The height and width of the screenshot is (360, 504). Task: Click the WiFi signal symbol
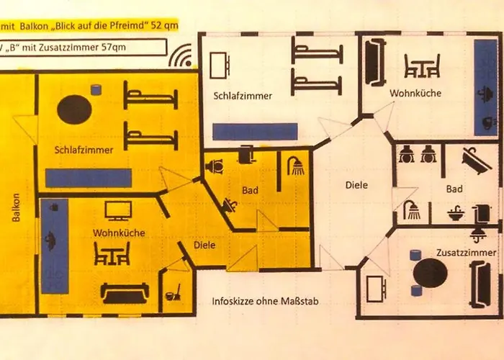181,57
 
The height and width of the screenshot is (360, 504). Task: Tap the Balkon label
16,207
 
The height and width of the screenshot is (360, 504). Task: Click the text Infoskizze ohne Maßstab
265,301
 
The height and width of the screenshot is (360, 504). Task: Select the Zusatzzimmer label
466,253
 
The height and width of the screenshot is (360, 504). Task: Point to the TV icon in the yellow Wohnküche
118,210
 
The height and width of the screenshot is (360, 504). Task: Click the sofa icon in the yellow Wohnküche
125,293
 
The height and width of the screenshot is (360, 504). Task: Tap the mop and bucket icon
173,292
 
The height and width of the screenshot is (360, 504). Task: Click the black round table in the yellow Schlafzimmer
74,109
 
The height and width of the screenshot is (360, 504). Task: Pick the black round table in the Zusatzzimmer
430,273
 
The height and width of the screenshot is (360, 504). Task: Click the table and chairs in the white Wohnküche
422,66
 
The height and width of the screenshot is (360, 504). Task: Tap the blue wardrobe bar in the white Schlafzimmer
255,132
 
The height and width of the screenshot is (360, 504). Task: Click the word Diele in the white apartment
356,185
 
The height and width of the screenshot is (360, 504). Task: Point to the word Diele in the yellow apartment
204,245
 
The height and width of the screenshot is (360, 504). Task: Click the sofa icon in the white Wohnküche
375,62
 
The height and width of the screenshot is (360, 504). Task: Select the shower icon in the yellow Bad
296,166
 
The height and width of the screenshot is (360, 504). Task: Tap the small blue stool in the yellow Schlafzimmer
96,90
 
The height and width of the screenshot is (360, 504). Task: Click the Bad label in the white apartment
454,189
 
